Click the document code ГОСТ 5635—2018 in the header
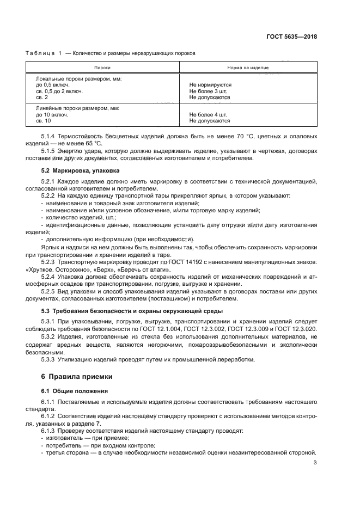point(292,37)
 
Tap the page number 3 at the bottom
point(315,463)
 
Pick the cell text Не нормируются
point(210,85)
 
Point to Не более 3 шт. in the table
point(208,91)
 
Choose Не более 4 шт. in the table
point(208,115)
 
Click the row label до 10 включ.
point(52,115)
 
